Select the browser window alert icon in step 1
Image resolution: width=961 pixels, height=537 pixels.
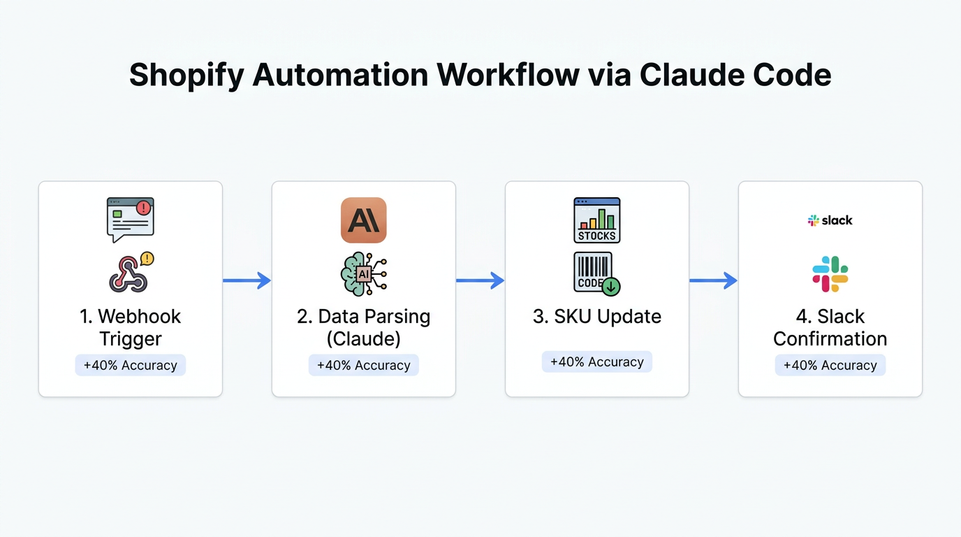coord(131,219)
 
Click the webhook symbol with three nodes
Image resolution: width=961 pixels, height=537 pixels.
coord(129,273)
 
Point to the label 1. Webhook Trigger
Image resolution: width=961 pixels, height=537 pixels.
coord(131,327)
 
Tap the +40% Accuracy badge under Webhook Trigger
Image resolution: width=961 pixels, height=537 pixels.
coord(131,365)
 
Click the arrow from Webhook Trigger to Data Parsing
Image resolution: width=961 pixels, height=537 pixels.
coord(247,280)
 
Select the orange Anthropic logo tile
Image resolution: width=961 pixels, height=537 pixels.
coord(363,220)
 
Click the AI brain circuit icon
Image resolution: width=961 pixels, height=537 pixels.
coord(363,273)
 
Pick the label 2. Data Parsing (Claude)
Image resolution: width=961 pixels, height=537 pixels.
coord(363,327)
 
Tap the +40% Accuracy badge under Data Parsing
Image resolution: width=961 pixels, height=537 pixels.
coord(363,365)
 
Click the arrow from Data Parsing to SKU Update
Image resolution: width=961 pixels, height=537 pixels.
coord(480,280)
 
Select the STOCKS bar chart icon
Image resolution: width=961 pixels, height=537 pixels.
coord(597,220)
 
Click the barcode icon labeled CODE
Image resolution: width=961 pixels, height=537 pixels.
coord(596,273)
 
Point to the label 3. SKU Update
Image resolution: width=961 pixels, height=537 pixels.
coord(597,316)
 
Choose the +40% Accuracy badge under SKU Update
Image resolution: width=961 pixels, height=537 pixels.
coord(597,361)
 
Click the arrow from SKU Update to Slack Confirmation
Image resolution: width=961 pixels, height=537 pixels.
coord(713,280)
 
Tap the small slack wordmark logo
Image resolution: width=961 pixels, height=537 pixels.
coord(830,220)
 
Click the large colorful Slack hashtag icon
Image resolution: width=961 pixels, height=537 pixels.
coord(830,273)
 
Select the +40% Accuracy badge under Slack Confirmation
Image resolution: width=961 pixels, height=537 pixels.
coord(830,365)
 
